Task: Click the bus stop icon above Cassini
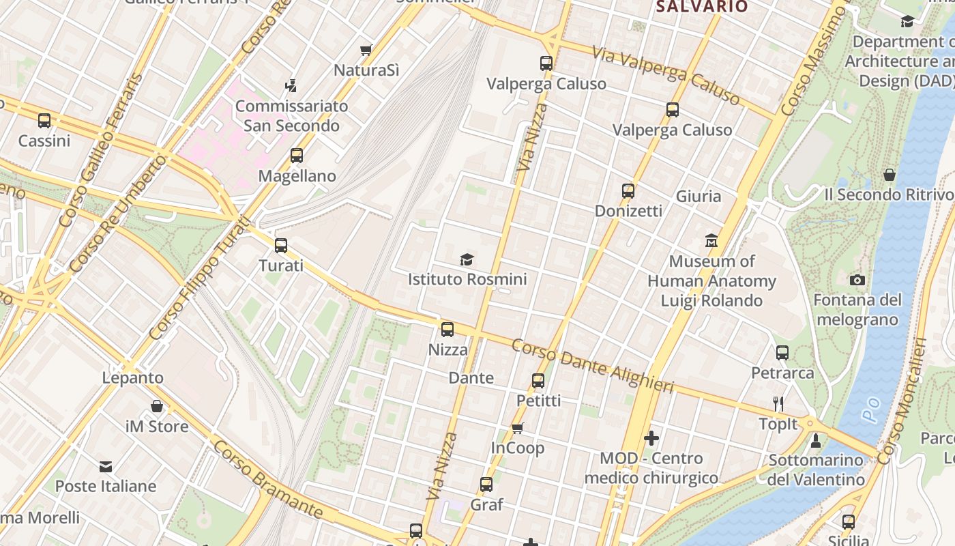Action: pyautogui.click(x=44, y=121)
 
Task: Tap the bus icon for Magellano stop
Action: pyautogui.click(x=296, y=156)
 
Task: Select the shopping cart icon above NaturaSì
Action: pyautogui.click(x=366, y=50)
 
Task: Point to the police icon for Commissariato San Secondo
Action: pyautogui.click(x=291, y=86)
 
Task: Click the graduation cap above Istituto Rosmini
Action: pyautogui.click(x=467, y=259)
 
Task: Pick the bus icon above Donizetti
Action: pyautogui.click(x=628, y=191)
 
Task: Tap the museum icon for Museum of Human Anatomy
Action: pyautogui.click(x=711, y=241)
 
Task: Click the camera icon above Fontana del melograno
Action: pyautogui.click(x=857, y=280)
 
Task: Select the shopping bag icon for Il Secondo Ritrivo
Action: pyautogui.click(x=890, y=175)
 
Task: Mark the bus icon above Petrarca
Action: pyautogui.click(x=782, y=353)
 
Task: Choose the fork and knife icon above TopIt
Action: pyautogui.click(x=778, y=403)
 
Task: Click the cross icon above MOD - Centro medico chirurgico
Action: pyautogui.click(x=651, y=438)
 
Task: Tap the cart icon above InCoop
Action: pyautogui.click(x=518, y=428)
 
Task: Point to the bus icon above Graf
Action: pyautogui.click(x=486, y=485)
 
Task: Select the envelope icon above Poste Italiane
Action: pyautogui.click(x=106, y=467)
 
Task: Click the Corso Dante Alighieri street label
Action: pyautogui.click(x=592, y=367)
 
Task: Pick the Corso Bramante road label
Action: pyautogui.click(x=267, y=478)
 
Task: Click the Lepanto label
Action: pyautogui.click(x=133, y=377)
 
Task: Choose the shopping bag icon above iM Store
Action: pyautogui.click(x=157, y=407)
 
